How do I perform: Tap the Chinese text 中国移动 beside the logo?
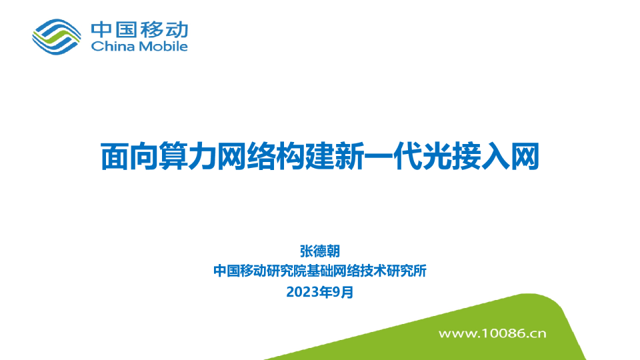[x=139, y=29]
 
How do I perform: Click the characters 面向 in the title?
[x=129, y=157]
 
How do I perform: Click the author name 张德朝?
[x=320, y=251]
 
